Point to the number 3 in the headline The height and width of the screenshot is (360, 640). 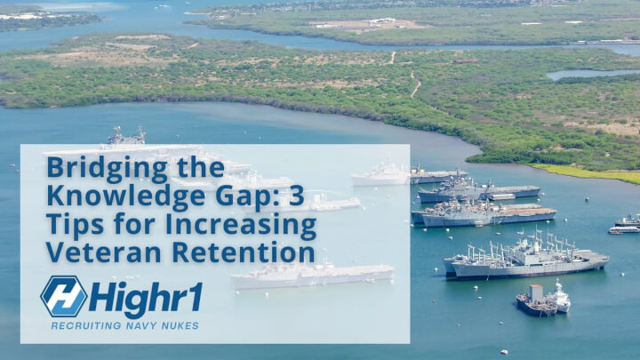point(297,196)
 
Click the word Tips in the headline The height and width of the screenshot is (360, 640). point(75,225)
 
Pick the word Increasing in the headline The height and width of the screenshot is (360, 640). point(241,225)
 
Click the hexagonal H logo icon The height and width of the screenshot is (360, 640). point(64,296)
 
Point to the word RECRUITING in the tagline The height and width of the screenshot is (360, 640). point(86,325)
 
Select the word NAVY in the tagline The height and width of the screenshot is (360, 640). point(141,325)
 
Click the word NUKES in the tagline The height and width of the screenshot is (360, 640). point(180,325)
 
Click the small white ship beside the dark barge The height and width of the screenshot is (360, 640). point(560,298)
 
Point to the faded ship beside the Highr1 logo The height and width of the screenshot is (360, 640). point(312,275)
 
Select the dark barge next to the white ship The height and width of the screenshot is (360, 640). point(536,302)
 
